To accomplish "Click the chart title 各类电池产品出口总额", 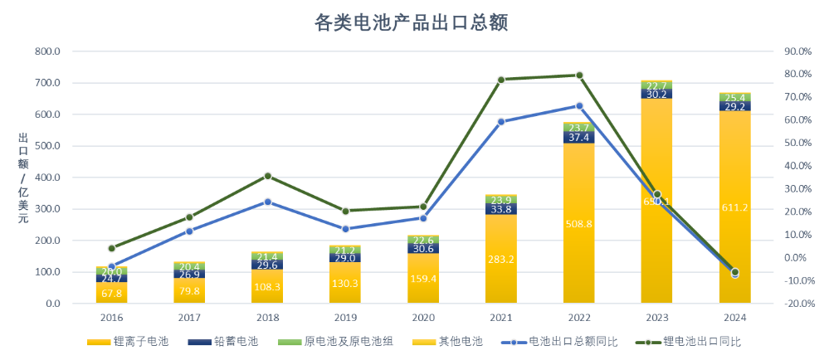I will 411,22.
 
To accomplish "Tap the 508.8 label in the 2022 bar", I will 578,224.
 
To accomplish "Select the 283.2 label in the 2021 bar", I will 501,259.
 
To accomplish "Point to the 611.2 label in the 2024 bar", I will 734,207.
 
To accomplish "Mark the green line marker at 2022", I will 579,75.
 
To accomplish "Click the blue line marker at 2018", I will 267,202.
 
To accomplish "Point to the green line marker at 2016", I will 111,248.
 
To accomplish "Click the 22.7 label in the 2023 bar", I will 656,85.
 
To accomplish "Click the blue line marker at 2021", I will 501,122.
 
